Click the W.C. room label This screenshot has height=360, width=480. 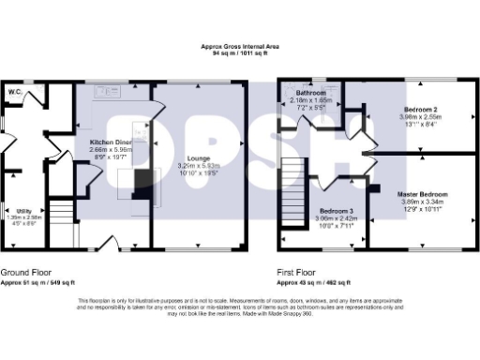[x=15, y=93]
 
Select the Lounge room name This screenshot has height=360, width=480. [x=198, y=158]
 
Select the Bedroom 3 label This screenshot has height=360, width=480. [x=335, y=211]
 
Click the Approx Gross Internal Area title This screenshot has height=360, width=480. [x=239, y=46]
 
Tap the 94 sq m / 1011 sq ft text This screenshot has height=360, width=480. [x=239, y=53]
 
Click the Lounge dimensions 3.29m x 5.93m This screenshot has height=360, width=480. [x=198, y=166]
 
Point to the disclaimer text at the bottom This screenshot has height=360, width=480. [x=239, y=307]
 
